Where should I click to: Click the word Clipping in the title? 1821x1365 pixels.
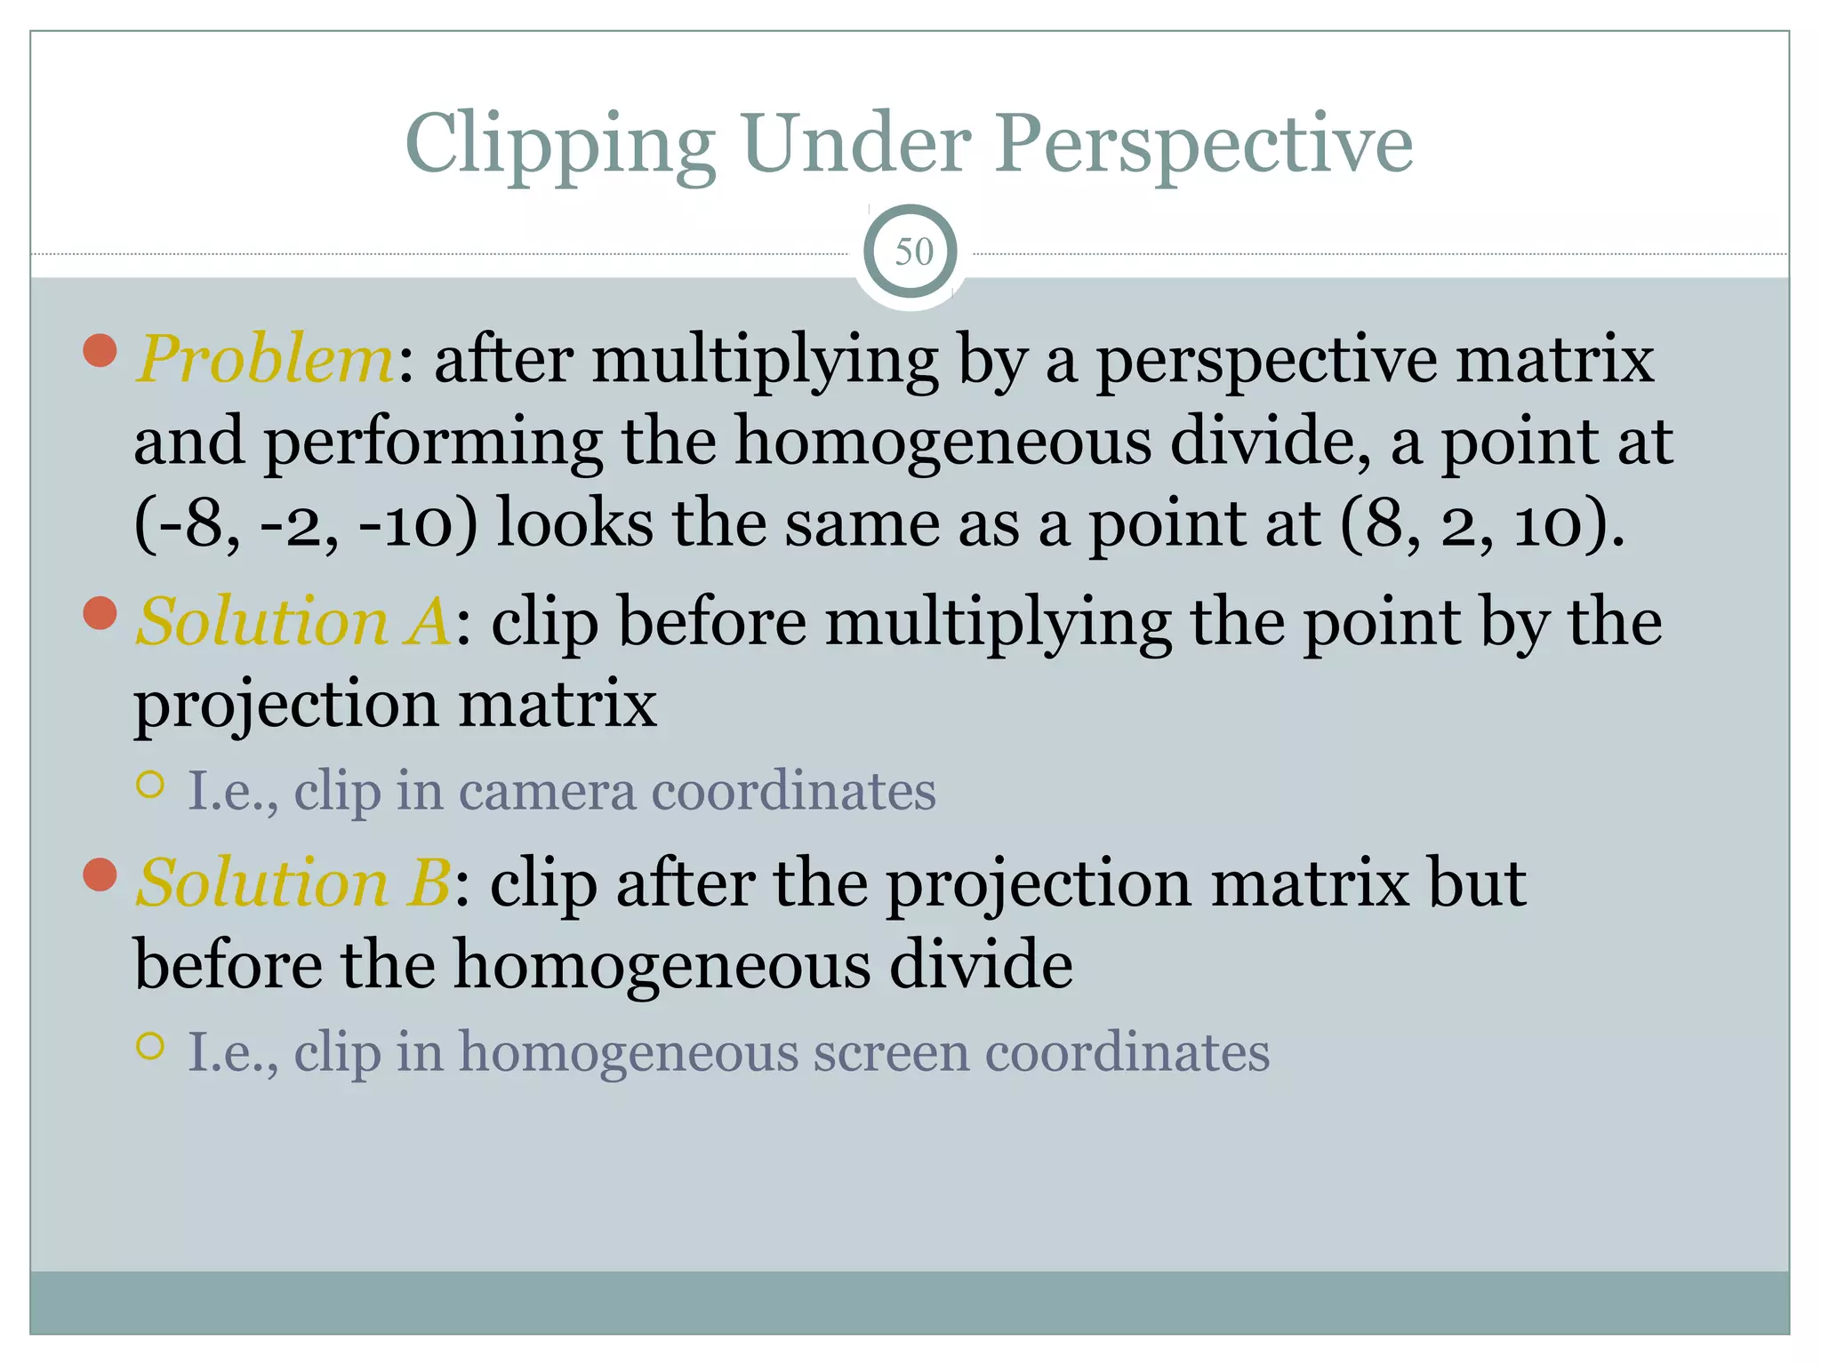point(560,145)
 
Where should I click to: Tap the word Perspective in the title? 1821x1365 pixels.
point(1204,145)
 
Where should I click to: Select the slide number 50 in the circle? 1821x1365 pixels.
point(913,252)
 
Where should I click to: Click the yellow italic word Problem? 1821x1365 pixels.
point(265,359)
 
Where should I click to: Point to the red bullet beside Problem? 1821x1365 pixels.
point(100,350)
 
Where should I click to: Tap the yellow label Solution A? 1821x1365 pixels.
point(293,621)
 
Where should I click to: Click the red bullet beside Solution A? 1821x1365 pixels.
point(100,613)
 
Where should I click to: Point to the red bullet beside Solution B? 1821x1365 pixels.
point(100,874)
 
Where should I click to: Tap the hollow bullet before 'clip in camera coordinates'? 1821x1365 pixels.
point(151,784)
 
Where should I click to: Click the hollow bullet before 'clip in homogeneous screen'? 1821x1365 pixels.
point(151,1046)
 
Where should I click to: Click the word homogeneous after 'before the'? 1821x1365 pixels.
point(662,965)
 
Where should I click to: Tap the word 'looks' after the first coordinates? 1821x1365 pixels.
point(574,523)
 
